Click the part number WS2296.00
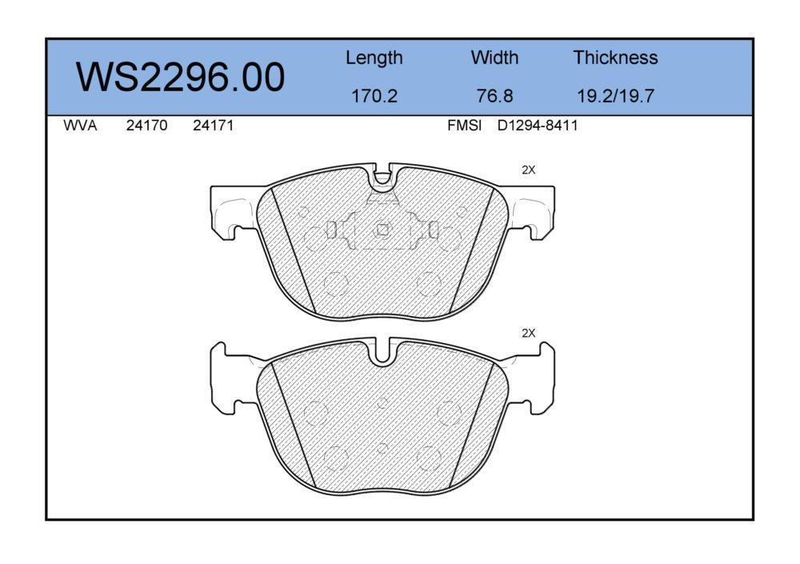click(x=180, y=77)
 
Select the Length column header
click(x=374, y=58)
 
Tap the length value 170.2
click(x=374, y=95)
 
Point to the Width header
click(x=494, y=57)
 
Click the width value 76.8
click(x=494, y=95)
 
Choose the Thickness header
click(x=615, y=57)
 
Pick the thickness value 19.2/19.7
click(x=615, y=95)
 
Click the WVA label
click(x=80, y=126)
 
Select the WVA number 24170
click(x=146, y=126)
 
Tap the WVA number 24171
click(x=214, y=126)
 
